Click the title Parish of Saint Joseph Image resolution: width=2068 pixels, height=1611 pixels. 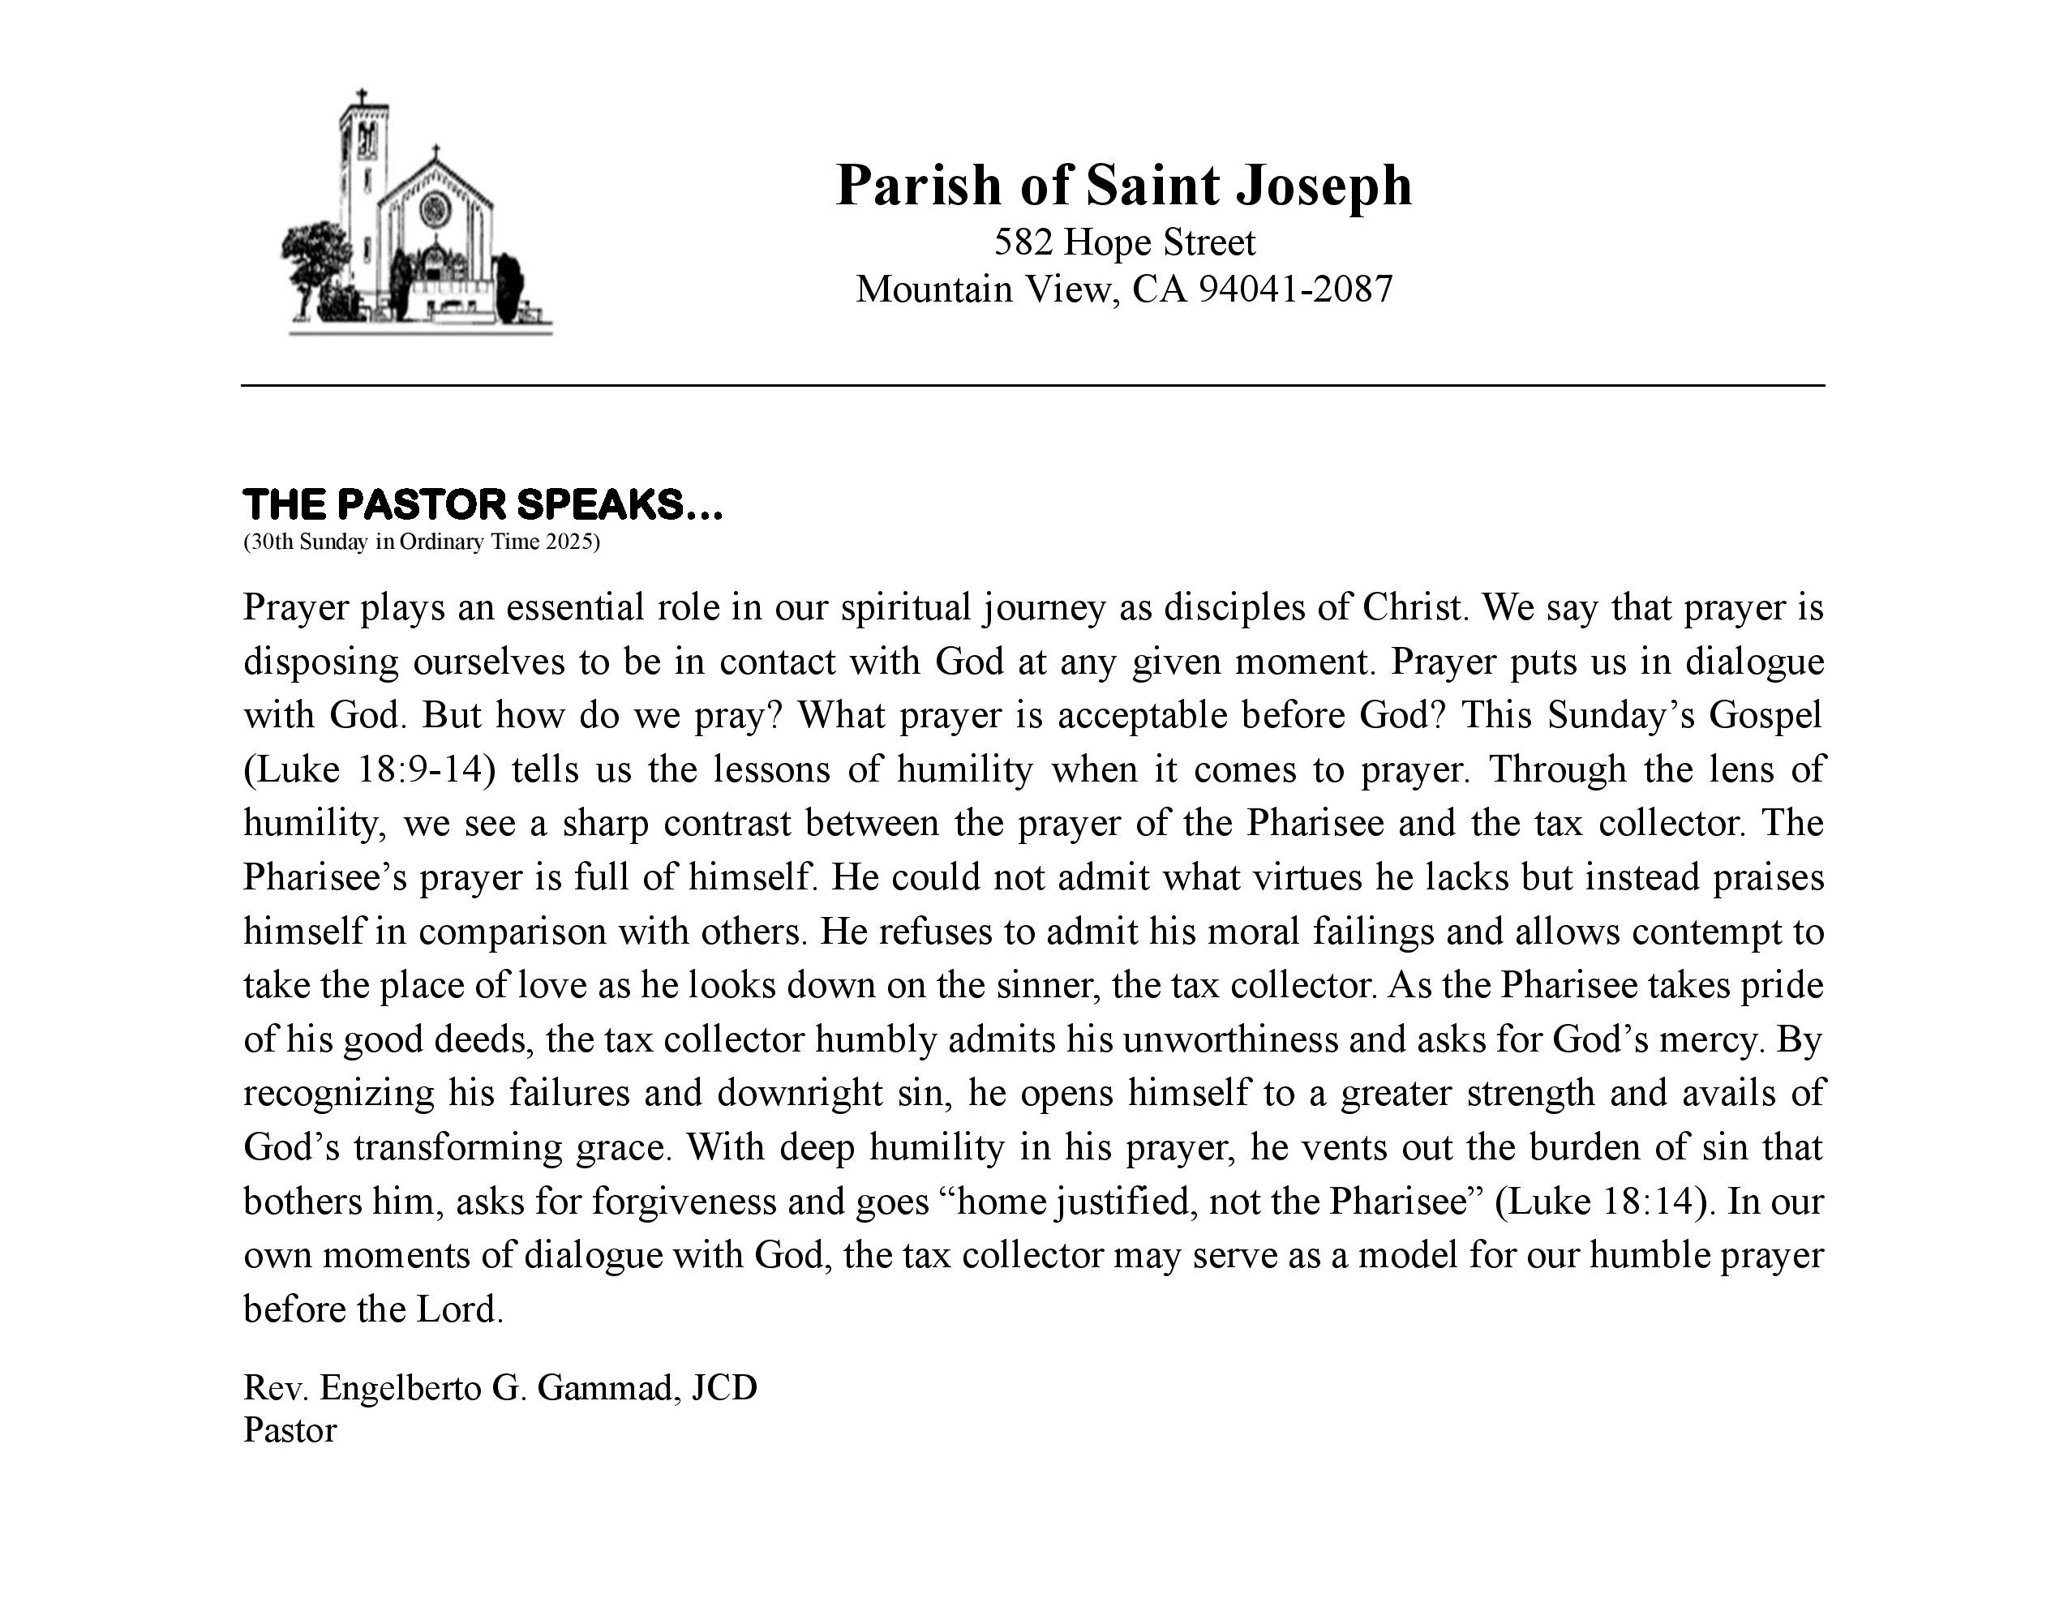coord(1124,185)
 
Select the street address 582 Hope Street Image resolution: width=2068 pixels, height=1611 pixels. coord(1124,243)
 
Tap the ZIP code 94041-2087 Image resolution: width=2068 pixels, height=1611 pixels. coord(1296,289)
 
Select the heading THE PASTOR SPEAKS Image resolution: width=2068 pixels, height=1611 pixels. coord(482,504)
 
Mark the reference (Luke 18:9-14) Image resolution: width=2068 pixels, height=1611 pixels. coord(369,769)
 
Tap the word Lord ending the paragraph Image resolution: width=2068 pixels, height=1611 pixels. coord(458,1310)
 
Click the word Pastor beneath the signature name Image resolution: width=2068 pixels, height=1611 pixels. coord(290,1430)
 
